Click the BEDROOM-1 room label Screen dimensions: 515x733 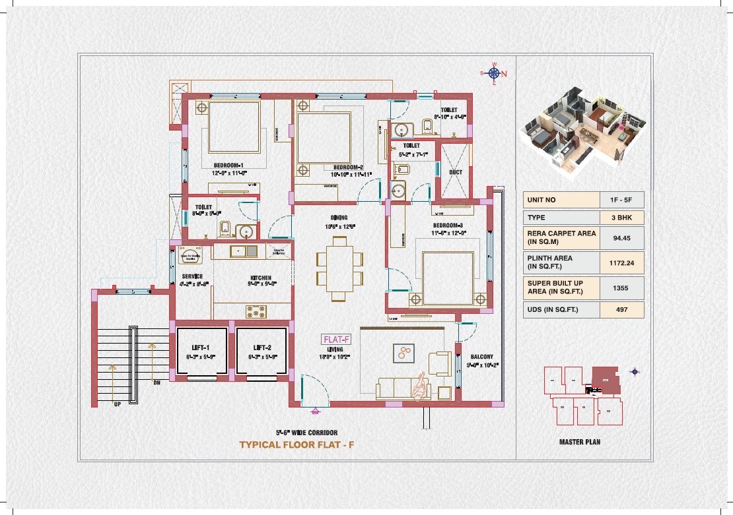[x=228, y=165]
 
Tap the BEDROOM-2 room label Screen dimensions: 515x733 [x=349, y=167]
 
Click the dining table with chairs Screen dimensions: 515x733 [x=339, y=267]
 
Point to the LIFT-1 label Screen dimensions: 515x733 [x=201, y=348]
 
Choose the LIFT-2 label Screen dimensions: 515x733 [x=263, y=348]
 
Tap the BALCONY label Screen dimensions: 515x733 [x=481, y=357]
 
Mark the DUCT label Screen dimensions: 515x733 [x=455, y=172]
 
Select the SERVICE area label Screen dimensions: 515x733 [x=192, y=276]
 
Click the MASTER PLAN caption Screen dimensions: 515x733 [x=579, y=442]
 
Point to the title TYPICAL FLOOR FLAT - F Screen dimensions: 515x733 [x=297, y=445]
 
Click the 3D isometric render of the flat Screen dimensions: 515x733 [x=579, y=132]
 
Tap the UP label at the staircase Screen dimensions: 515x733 [x=117, y=404]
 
